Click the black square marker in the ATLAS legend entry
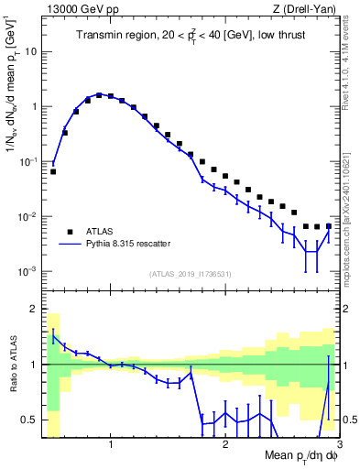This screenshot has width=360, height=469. click(x=69, y=232)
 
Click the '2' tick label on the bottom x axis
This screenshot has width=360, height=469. click(x=225, y=444)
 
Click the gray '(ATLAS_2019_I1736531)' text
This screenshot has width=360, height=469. click(x=191, y=273)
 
